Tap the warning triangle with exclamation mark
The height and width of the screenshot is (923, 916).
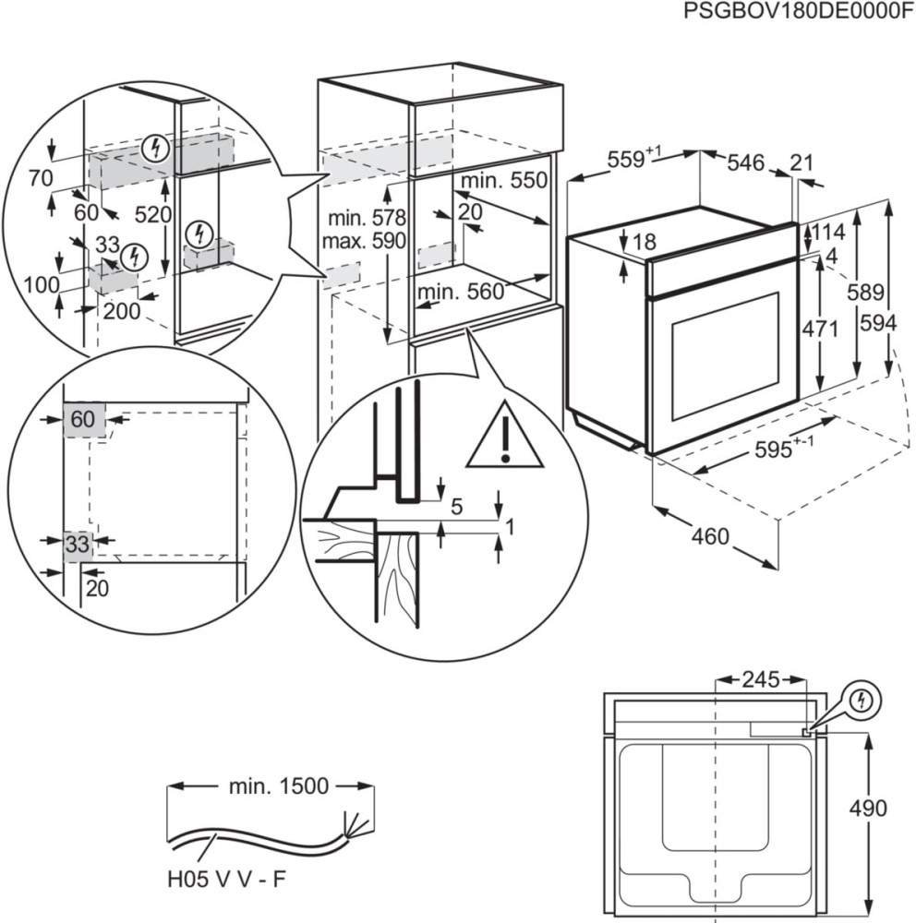504,437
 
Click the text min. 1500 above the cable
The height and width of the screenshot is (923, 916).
278,786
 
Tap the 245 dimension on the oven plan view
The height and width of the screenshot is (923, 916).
762,680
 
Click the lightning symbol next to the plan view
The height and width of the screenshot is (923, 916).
861,701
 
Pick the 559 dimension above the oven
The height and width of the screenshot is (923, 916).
630,160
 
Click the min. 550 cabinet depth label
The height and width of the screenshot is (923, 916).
505,181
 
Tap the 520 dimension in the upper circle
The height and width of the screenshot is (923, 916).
153,215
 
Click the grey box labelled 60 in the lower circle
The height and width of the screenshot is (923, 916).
83,419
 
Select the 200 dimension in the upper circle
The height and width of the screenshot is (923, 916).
122,311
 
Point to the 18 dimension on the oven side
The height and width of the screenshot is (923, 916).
644,242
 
